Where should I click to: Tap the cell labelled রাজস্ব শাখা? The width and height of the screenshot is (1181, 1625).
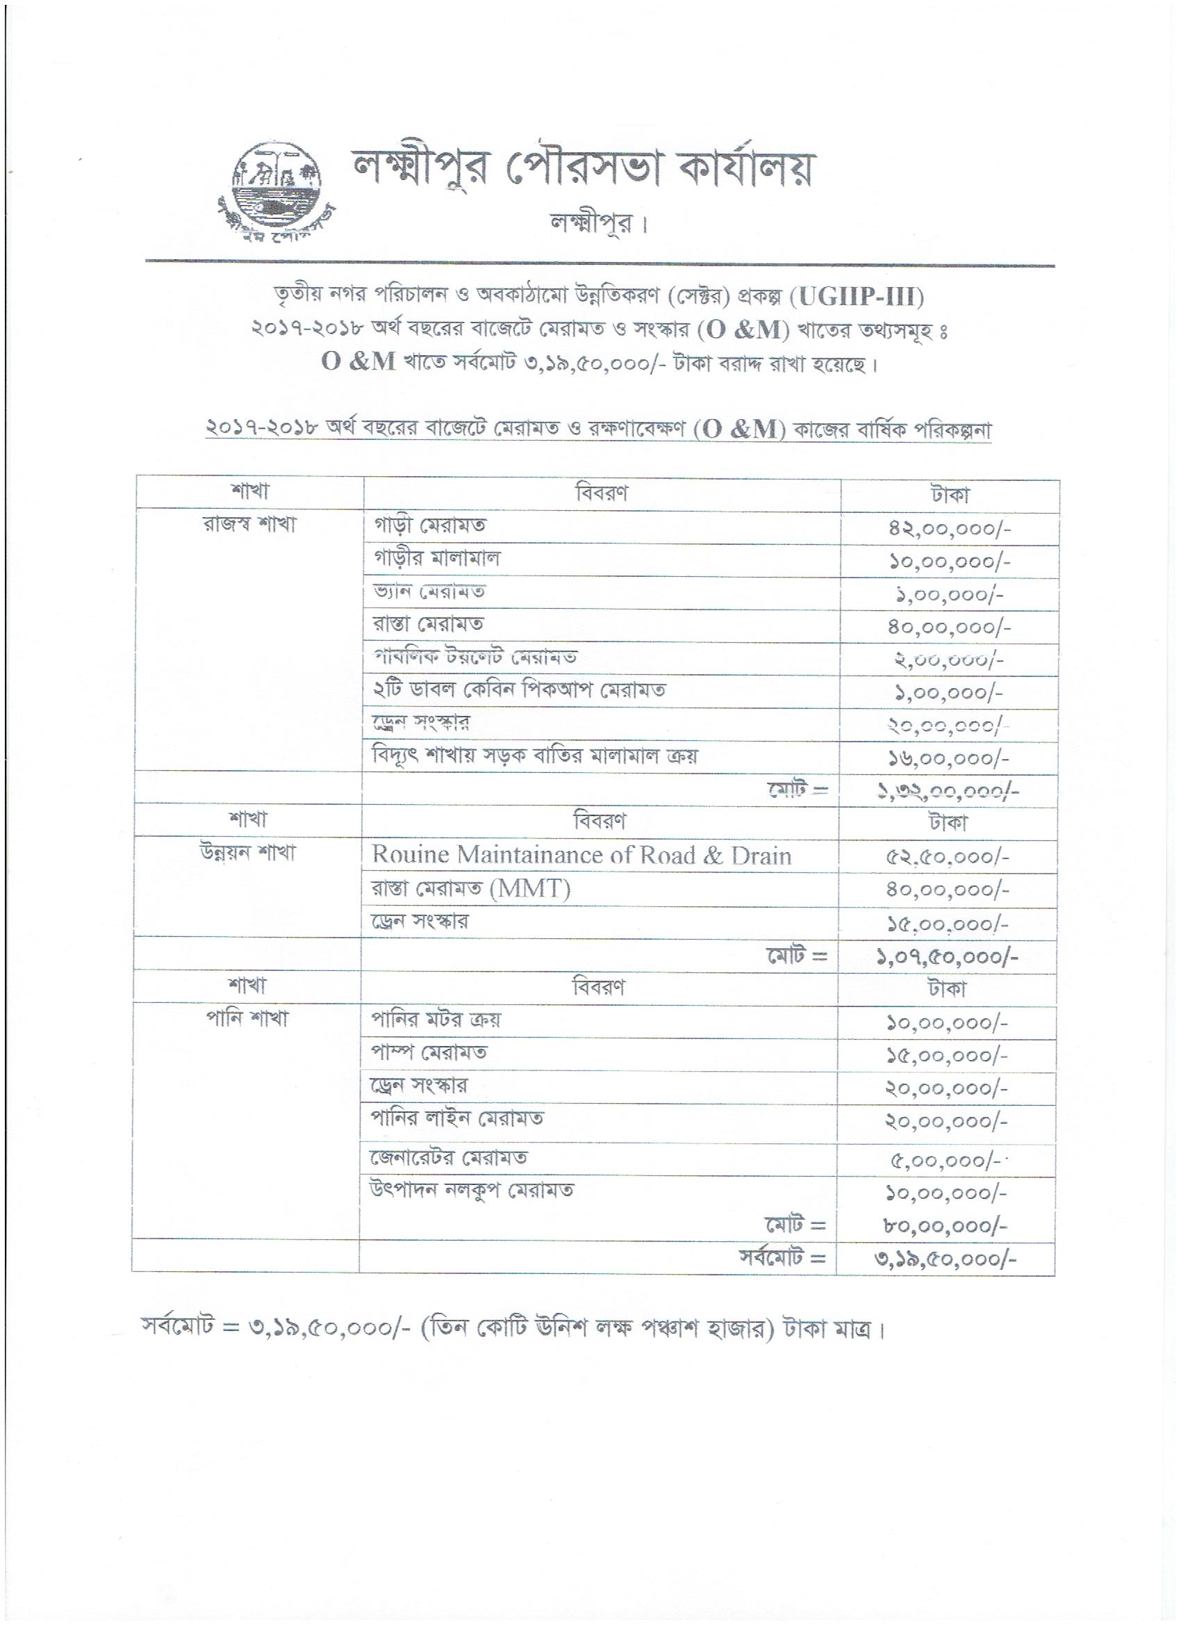249,525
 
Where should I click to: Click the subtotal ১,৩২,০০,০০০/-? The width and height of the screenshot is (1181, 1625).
949,791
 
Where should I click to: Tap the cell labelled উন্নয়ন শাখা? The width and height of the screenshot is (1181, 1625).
249,854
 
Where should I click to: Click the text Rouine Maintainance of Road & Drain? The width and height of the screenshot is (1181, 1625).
581,856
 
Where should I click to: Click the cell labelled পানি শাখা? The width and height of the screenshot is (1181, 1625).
248,1019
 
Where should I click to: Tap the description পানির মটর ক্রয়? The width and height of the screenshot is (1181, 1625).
436,1020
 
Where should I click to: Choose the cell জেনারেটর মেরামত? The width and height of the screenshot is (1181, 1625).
449,1158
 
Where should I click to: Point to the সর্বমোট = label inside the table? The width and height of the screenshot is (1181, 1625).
784,1258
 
